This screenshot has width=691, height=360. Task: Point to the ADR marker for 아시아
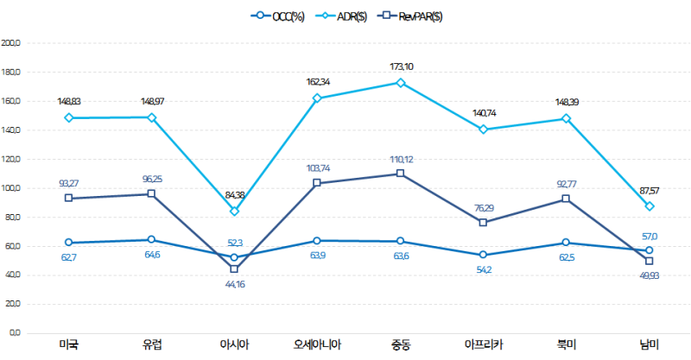pyautogui.click(x=234, y=212)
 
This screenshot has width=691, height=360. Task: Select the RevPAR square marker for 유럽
pyautogui.click(x=151, y=193)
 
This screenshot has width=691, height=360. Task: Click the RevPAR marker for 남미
pyautogui.click(x=650, y=261)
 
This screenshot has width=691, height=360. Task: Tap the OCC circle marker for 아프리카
pyautogui.click(x=483, y=255)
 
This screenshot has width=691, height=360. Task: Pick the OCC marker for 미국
pyautogui.click(x=67, y=243)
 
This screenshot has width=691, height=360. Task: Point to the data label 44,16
pyautogui.click(x=234, y=284)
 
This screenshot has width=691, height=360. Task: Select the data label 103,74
pyautogui.click(x=318, y=168)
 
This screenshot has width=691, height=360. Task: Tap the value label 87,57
pyautogui.click(x=650, y=190)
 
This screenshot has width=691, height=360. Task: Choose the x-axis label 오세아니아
pyautogui.click(x=317, y=345)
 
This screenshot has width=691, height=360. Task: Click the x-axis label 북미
pyautogui.click(x=567, y=345)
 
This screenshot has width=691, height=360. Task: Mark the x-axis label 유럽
pyautogui.click(x=151, y=345)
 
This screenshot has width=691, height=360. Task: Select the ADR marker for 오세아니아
pyautogui.click(x=318, y=98)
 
